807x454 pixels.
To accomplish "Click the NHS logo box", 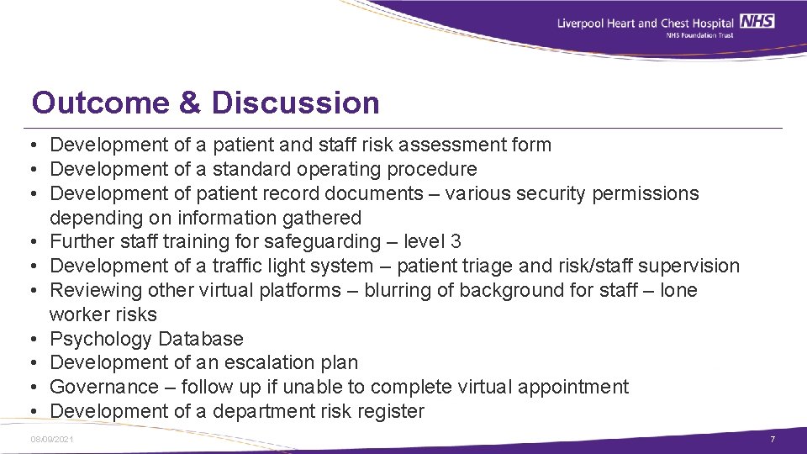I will [x=757, y=22].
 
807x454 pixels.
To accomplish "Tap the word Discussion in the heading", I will [x=296, y=103].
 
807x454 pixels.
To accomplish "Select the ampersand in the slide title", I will [x=190, y=103].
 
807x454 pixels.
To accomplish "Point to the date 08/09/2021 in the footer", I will [x=51, y=440].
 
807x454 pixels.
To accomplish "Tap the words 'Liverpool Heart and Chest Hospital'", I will [x=646, y=23].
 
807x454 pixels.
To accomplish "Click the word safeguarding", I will [x=322, y=242].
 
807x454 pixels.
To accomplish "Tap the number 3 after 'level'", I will [x=456, y=242].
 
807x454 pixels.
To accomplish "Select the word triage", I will [x=486, y=267].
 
